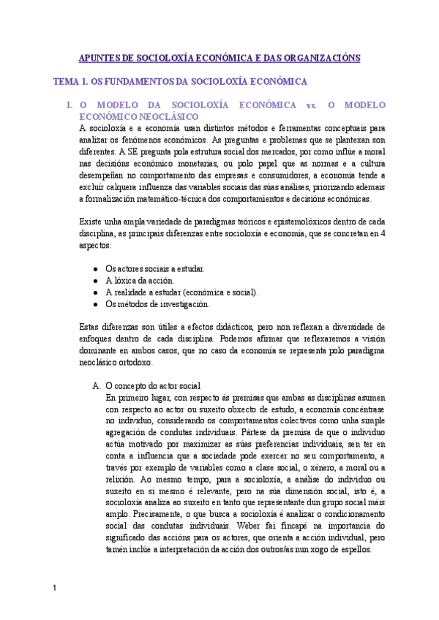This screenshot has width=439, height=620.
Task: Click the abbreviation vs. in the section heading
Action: (x=309, y=105)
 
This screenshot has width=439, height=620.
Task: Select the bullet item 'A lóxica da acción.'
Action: (x=140, y=280)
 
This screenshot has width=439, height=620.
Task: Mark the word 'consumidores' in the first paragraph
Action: (x=288, y=175)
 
